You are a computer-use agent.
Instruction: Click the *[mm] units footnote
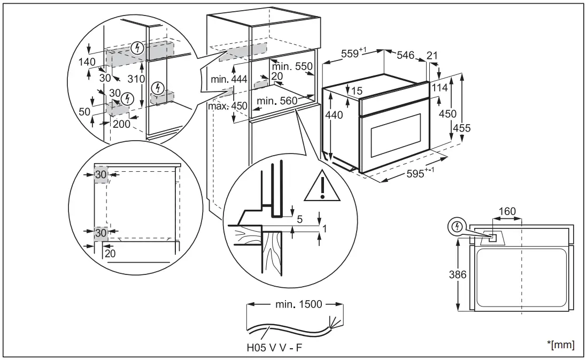click(x=562, y=345)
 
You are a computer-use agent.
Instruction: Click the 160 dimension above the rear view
click(x=506, y=211)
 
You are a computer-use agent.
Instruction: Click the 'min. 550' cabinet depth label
click(x=291, y=67)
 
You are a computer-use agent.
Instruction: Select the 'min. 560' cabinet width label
click(x=276, y=101)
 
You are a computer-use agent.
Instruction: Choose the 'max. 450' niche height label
click(x=229, y=106)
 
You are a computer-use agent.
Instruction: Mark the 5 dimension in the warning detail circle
click(x=300, y=218)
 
